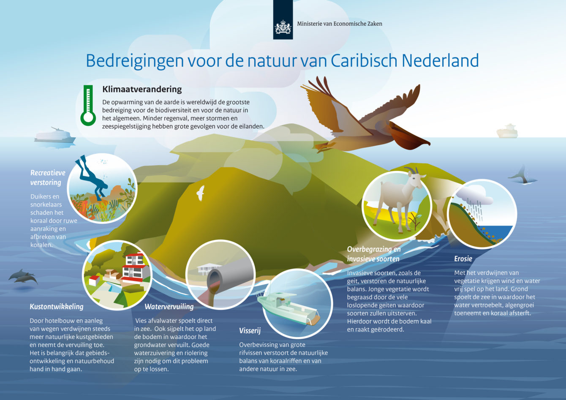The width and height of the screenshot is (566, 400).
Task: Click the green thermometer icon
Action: click(88, 105)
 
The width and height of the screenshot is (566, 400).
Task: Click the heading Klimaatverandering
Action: click(142, 89)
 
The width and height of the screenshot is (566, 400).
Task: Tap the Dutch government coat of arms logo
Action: click(283, 27)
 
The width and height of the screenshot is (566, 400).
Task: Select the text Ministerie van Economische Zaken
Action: click(340, 24)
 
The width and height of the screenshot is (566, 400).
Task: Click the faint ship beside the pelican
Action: click(507, 131)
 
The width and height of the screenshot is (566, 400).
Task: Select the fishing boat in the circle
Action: click(288, 307)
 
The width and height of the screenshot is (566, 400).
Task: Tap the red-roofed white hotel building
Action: click(134, 267)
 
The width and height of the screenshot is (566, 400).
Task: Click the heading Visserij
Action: click(250, 331)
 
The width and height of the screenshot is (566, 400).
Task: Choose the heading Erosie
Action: click(463, 259)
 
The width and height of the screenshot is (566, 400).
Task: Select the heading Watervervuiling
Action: click(169, 307)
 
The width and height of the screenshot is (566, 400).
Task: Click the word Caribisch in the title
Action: click(365, 61)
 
